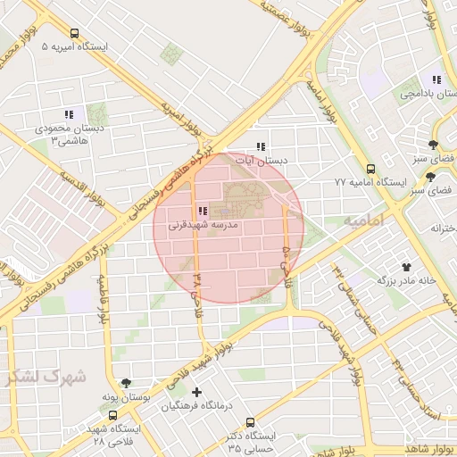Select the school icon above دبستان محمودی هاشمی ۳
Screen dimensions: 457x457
click(68, 114)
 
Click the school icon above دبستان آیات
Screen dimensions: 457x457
click(261, 146)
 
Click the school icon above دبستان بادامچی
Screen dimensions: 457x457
click(436, 79)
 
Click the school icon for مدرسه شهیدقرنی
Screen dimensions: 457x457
click(204, 212)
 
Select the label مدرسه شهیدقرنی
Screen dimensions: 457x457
click(204, 226)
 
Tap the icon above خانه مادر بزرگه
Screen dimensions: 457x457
click(407, 265)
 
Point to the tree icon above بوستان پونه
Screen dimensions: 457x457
click(126, 382)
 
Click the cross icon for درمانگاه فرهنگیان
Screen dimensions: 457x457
click(196, 392)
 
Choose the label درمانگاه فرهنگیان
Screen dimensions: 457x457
click(197, 406)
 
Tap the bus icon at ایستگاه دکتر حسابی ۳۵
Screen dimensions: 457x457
click(249, 421)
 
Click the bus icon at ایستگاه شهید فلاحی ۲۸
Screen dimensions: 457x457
click(112, 415)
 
